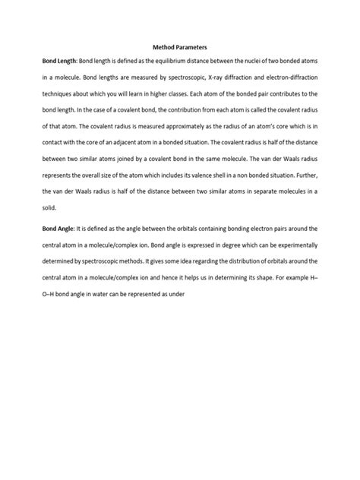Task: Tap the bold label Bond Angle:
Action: (54, 229)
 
